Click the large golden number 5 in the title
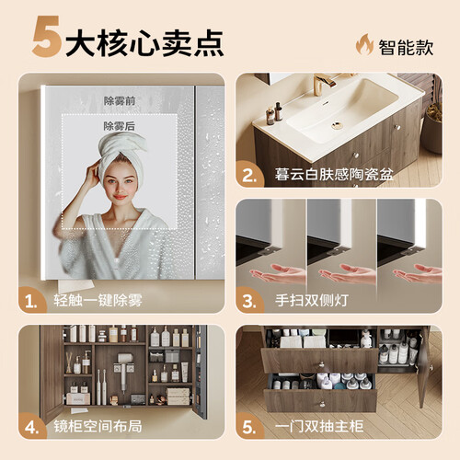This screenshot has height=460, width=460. tap(46, 37)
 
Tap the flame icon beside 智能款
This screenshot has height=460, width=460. tap(364, 44)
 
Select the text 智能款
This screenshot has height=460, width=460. tap(406, 47)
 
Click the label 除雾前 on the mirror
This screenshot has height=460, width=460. tap(120, 100)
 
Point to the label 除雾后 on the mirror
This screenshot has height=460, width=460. tap(119, 126)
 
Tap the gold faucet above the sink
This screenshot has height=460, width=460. tap(324, 82)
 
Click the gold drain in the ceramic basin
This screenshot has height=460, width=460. tap(337, 125)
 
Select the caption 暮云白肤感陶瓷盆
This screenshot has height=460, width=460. tap(334, 174)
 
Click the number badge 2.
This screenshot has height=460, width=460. tap(249, 176)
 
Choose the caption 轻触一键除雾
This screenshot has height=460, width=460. tap(98, 300)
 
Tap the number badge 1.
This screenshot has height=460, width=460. tap(31, 302)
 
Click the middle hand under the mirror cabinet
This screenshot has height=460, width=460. tap(347, 274)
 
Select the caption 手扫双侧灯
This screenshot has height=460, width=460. tap(312, 300)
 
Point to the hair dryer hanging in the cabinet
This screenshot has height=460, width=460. tap(124, 369)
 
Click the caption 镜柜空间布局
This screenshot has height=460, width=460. tap(98, 426)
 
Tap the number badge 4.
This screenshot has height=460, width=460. tap(31, 428)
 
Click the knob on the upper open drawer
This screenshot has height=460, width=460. tap(322, 364)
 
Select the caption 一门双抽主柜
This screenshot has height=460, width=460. tap(319, 426)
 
